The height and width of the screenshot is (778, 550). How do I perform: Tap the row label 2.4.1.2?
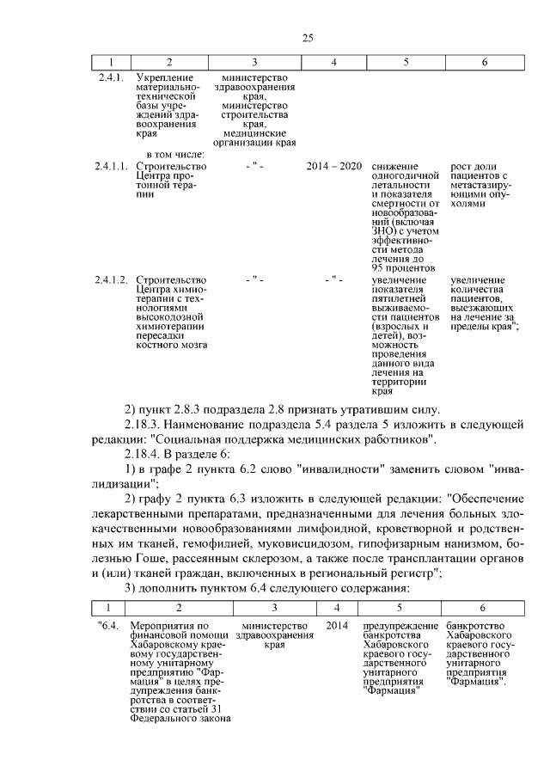(112, 279)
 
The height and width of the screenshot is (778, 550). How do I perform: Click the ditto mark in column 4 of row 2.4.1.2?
(333, 279)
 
